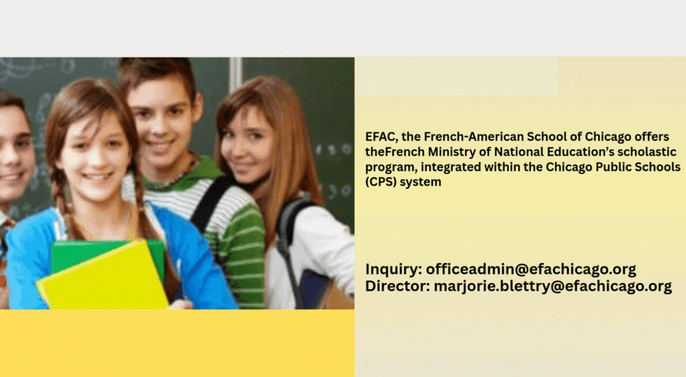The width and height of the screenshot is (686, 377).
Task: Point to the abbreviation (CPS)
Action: point(381,182)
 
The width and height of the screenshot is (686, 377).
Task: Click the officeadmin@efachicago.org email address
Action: point(531,269)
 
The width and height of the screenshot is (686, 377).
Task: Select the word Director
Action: point(398,286)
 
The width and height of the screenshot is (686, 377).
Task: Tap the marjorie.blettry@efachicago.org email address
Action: point(552,287)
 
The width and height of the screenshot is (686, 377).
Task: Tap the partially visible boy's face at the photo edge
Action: point(15,153)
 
